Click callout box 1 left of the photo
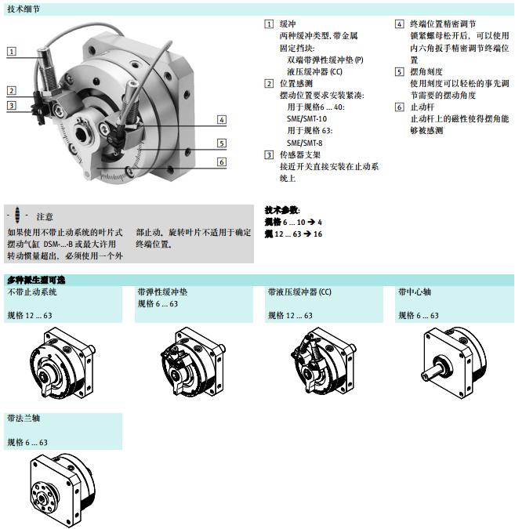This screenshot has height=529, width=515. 11,52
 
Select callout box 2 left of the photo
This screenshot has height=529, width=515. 11,91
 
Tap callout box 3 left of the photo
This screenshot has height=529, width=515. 11,105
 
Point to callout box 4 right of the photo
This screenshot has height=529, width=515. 222,119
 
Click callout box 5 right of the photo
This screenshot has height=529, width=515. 222,143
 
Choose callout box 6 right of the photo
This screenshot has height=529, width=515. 222,162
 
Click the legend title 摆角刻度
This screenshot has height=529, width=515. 426,71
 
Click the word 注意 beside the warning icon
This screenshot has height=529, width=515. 45,216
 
